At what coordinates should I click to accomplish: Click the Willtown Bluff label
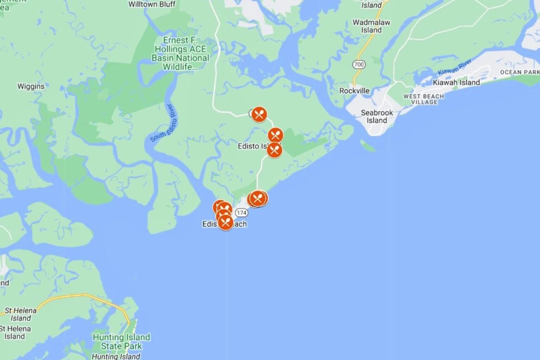(152, 4)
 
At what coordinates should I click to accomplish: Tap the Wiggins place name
(31, 86)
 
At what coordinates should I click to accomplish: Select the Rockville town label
(354, 91)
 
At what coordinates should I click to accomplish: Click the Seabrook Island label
(377, 116)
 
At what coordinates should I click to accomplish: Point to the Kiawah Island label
(456, 83)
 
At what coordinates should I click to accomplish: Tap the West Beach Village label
(423, 99)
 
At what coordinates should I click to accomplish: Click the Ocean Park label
(520, 72)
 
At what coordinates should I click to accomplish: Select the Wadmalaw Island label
(371, 26)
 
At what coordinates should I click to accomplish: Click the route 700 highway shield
(359, 64)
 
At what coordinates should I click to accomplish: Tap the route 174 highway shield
(241, 213)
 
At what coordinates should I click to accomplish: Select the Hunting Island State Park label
(121, 341)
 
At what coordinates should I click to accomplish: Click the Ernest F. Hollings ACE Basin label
(180, 53)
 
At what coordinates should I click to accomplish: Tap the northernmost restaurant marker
(259, 114)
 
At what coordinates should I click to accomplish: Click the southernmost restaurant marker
(225, 222)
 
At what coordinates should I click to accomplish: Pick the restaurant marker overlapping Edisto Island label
(274, 150)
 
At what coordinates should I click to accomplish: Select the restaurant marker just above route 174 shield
(258, 199)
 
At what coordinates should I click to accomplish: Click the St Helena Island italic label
(20, 314)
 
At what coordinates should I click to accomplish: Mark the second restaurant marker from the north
(275, 135)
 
